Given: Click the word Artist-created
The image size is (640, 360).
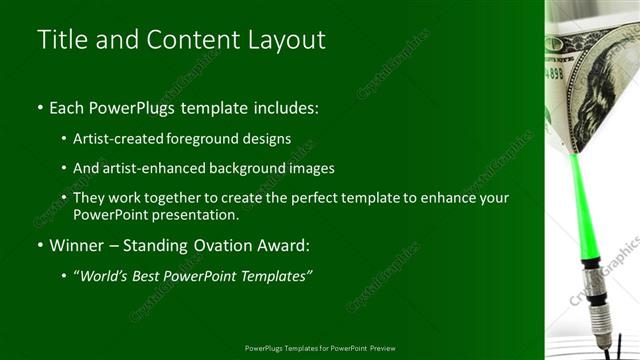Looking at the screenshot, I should coord(119,138).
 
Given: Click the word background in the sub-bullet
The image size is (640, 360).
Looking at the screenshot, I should coord(261,168).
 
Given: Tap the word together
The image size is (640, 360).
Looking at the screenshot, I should coord(180,198).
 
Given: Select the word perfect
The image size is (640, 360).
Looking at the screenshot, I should coord(317,198).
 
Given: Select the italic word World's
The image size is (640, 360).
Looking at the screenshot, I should coord(105,275).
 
